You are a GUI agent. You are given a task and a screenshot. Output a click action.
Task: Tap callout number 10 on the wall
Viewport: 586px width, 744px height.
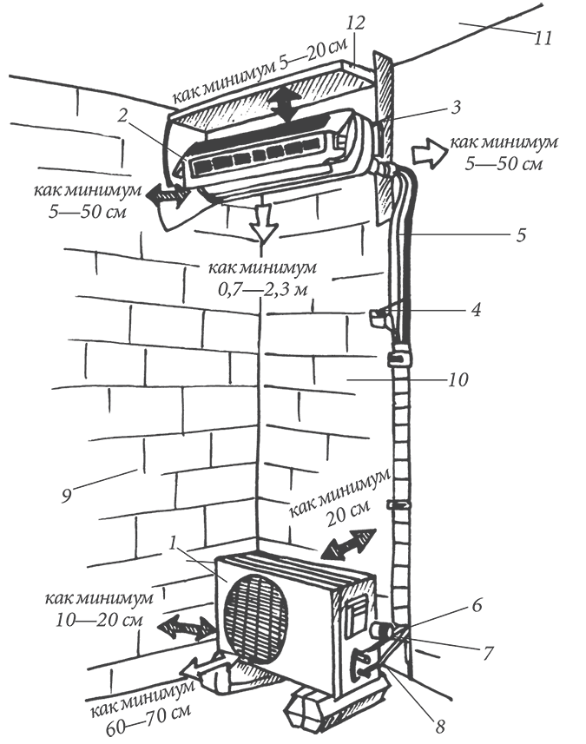tap(459, 379)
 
